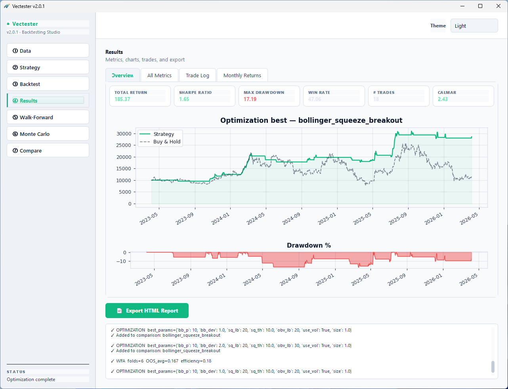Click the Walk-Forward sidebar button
click(48, 117)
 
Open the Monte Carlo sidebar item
click(48, 134)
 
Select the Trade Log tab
click(197, 75)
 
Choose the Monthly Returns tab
click(242, 75)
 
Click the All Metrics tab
click(159, 75)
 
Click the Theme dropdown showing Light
click(474, 26)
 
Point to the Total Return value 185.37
click(122, 99)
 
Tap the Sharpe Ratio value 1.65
click(184, 99)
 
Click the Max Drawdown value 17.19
click(250, 99)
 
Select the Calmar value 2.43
click(443, 99)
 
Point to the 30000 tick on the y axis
click(124, 134)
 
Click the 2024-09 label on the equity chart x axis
click(291, 219)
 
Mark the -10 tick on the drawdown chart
click(121, 261)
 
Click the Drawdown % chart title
click(309, 245)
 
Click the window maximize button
click(480, 6)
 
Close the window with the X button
click(498, 6)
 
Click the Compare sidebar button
click(48, 151)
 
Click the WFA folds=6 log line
click(164, 361)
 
